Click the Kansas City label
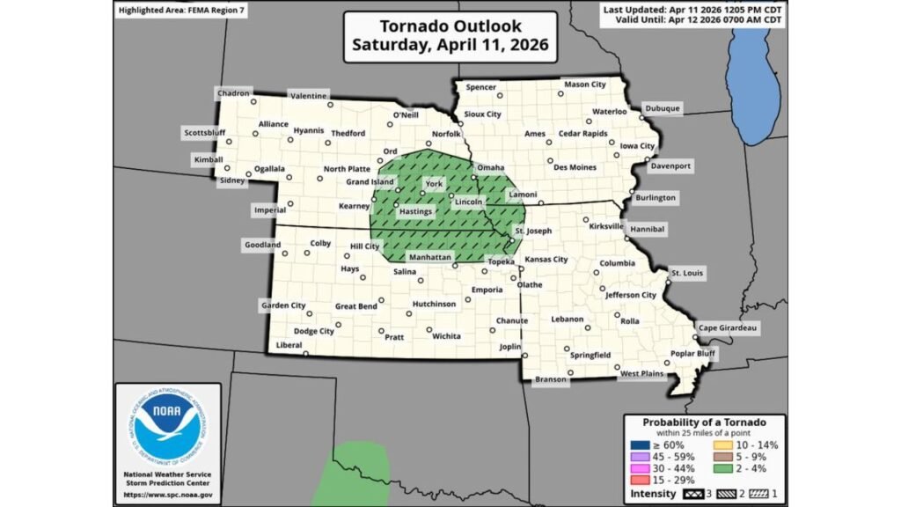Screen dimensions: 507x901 tap(546, 261)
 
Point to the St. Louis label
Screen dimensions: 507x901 tap(687, 274)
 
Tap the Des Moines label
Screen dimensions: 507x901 tap(575, 167)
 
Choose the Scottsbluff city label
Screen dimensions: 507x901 tap(205, 134)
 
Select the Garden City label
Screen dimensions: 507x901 tap(282, 305)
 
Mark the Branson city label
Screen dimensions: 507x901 tap(549, 379)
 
